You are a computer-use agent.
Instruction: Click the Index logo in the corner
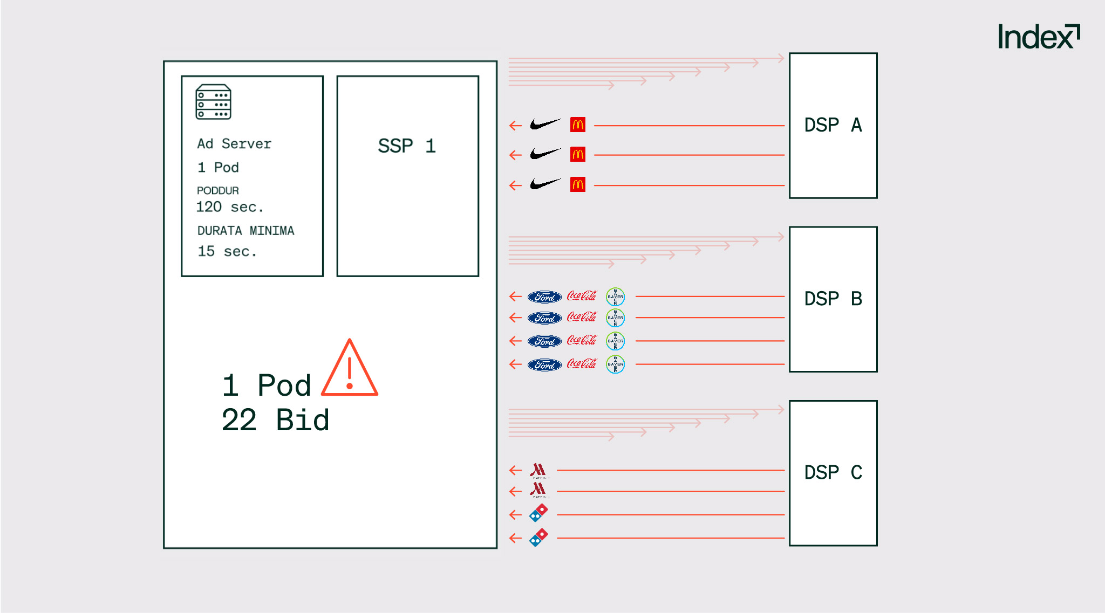[1038, 37]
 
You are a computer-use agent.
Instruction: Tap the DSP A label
[833, 125]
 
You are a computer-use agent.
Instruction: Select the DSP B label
[833, 299]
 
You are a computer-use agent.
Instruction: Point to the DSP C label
[833, 472]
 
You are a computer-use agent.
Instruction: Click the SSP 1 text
[407, 146]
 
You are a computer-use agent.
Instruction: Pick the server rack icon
[213, 101]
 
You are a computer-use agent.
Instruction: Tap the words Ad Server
[234, 143]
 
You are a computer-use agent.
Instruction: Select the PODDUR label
[217, 190]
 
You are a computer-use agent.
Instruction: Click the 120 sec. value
[229, 207]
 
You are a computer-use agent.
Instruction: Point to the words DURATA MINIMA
[245, 231]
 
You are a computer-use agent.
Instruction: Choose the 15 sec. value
[227, 251]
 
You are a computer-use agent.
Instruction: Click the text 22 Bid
[275, 420]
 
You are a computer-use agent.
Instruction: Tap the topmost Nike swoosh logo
[545, 125]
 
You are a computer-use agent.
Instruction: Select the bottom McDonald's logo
[578, 185]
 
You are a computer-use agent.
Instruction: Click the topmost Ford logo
[544, 297]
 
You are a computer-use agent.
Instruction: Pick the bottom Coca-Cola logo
[582, 364]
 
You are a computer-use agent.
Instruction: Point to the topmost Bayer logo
[615, 297]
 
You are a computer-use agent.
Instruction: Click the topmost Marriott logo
[538, 470]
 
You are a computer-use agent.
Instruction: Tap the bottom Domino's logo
[538, 538]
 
